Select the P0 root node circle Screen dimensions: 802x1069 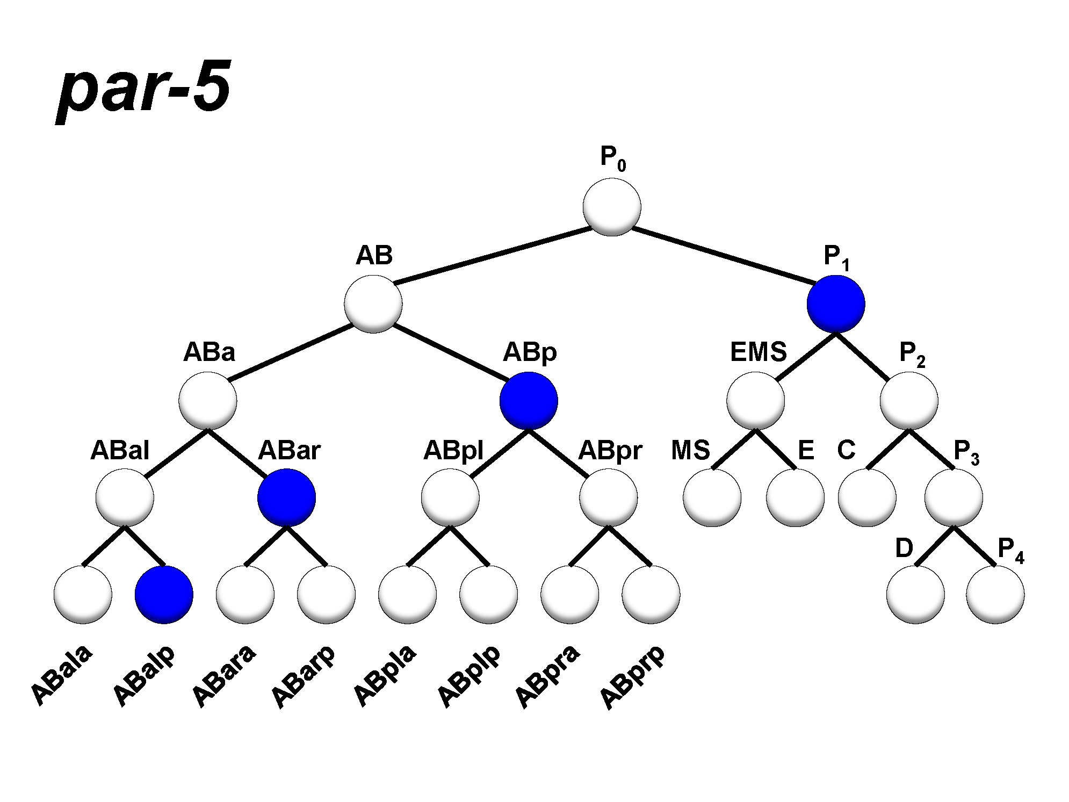611,207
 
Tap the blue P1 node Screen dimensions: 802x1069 835,304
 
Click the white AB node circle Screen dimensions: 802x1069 373,304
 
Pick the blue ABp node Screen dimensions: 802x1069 529,401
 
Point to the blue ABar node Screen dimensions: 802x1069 286,497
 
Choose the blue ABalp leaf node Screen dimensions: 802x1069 164,595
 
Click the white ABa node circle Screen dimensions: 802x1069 208,401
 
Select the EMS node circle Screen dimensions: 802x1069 755,401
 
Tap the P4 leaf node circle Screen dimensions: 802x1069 995,595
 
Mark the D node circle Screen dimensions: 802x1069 915,595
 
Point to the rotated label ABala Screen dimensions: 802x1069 61,675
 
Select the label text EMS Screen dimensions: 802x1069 758,352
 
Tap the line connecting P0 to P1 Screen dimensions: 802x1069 723,255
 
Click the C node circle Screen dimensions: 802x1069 866,497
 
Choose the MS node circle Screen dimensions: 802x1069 712,497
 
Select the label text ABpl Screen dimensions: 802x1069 453,451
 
